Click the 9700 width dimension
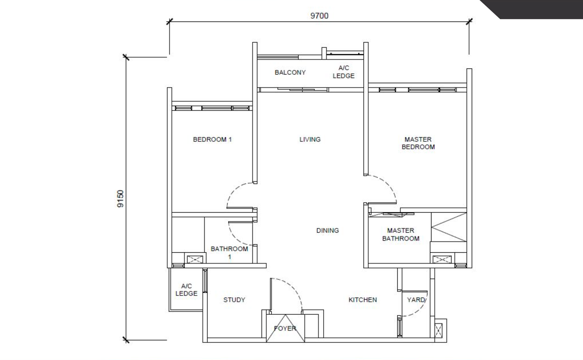(319, 16)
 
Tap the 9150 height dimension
(120, 199)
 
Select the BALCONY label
(290, 73)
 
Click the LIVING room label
(310, 140)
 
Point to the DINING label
(328, 230)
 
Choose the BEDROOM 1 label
(212, 140)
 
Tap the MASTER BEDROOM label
(418, 143)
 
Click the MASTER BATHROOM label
(400, 235)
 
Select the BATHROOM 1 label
(229, 253)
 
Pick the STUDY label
(234, 300)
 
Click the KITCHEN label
(363, 300)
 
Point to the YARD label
(416, 300)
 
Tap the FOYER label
(285, 329)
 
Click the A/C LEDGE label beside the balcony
(344, 72)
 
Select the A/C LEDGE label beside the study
(186, 290)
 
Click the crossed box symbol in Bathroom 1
(195, 259)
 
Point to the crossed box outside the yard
(438, 330)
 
